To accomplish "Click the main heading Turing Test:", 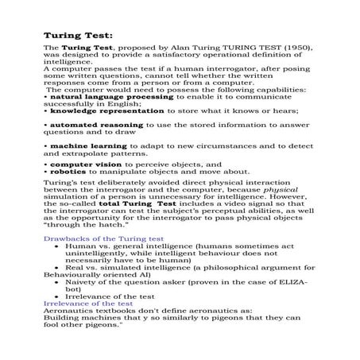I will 77,36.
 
